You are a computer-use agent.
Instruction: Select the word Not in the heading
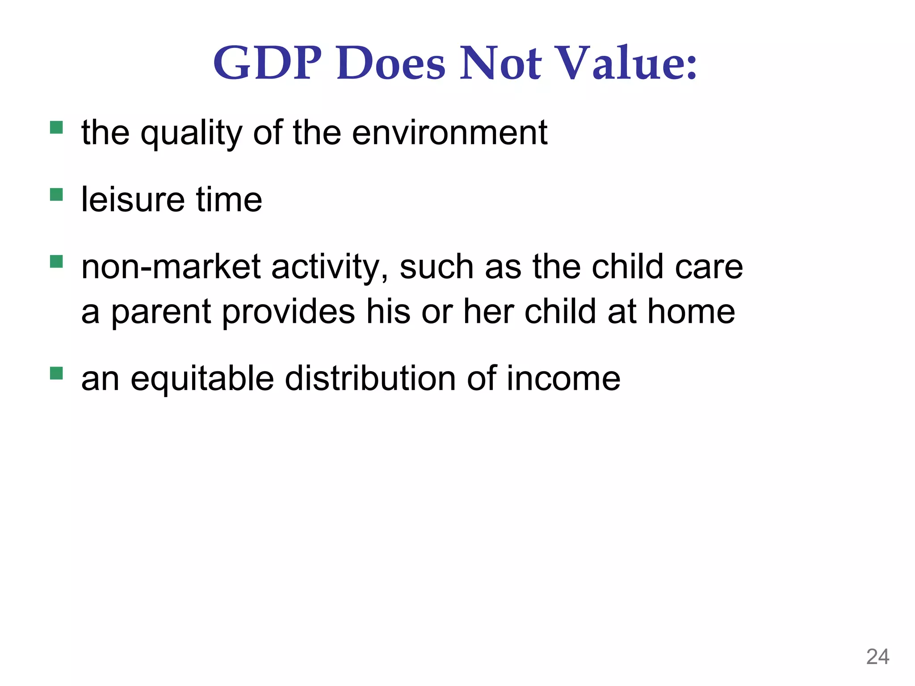[501, 63]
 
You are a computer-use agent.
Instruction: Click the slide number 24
[877, 657]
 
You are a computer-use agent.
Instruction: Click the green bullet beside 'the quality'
[56, 128]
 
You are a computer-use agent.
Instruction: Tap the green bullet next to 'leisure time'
[56, 195]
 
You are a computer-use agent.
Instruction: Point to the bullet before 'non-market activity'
[56, 262]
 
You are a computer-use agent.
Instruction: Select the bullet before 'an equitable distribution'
[56, 373]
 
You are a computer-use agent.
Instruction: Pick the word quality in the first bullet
[191, 134]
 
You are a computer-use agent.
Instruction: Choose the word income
[563, 378]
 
